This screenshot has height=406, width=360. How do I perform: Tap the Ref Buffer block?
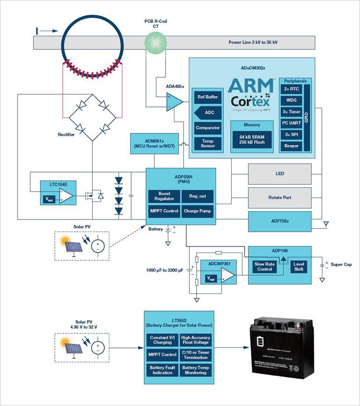pos(207,97)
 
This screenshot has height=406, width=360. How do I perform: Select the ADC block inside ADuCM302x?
pos(207,113)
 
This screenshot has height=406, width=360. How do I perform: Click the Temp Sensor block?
pos(207,143)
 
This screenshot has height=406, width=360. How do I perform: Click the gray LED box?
pos(280,173)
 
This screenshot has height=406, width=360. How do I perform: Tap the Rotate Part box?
pos(280,197)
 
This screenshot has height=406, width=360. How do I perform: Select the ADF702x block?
pos(280,221)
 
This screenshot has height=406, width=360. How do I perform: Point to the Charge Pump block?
pos(198,211)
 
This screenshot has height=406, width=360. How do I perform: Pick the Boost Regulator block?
pos(164,196)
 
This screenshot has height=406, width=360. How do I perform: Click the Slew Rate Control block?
pos(265,266)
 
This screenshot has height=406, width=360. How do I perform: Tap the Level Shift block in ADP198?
pos(299,266)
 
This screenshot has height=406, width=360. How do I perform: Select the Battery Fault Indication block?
pos(162,370)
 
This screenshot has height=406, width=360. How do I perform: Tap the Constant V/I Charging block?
pos(162,340)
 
